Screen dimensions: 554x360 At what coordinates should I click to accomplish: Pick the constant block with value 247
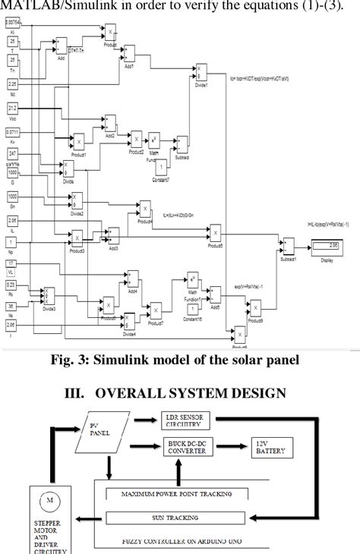tap(13, 153)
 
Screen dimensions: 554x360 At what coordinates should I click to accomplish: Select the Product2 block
tap(137, 140)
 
